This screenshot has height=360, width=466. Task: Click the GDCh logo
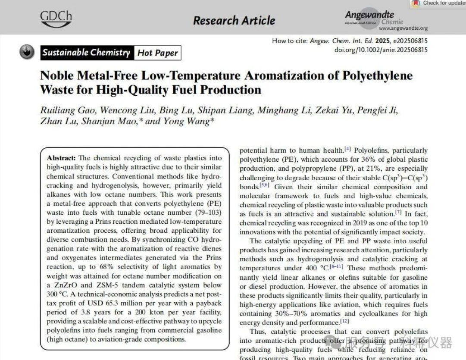pyautogui.click(x=56, y=19)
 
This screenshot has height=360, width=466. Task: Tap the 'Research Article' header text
pyautogui.click(x=234, y=20)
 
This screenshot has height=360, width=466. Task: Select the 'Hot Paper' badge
pyautogui.click(x=157, y=53)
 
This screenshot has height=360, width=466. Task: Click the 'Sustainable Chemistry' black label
pyautogui.click(x=86, y=53)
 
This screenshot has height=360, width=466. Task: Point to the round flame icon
pyautogui.click(x=27, y=52)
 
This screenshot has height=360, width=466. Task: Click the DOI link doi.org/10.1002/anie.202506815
pyautogui.click(x=381, y=50)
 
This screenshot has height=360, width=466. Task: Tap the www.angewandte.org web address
pyautogui.click(x=403, y=28)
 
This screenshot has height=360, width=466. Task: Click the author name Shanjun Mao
pyautogui.click(x=109, y=121)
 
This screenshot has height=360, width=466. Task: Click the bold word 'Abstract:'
pyautogui.click(x=61, y=158)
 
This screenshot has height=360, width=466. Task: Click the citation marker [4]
pyautogui.click(x=347, y=149)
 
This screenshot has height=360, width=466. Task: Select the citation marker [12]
pyautogui.click(x=344, y=321)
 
